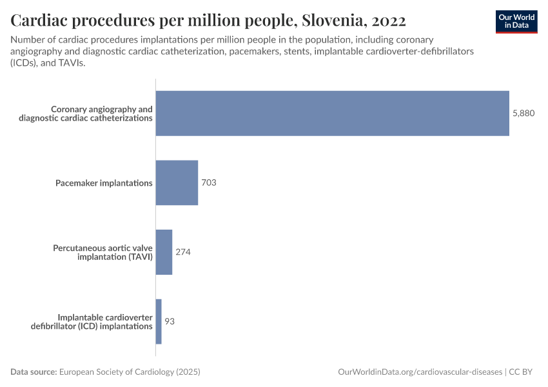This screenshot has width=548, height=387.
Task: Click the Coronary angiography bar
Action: coord(332,114)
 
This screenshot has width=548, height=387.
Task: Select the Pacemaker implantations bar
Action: coord(177,183)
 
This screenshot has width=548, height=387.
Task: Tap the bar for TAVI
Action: coord(164,252)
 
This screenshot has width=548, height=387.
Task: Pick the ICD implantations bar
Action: coord(159,321)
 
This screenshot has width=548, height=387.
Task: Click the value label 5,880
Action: coord(524,114)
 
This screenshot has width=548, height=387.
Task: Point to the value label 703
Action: coord(208,183)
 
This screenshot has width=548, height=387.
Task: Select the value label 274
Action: coord(183,252)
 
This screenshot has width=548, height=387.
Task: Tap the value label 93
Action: coord(170,321)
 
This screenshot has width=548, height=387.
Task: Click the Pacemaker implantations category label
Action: coord(104,183)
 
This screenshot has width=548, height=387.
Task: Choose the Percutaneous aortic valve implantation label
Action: coord(103,252)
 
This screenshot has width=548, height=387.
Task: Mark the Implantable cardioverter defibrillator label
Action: coord(92,321)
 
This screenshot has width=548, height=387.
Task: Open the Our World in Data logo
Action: coord(516,21)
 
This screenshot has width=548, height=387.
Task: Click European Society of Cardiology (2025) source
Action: coord(129,372)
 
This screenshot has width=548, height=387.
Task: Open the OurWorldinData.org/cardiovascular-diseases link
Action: coord(420,372)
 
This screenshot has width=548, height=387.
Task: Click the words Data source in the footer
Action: coord(34,372)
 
